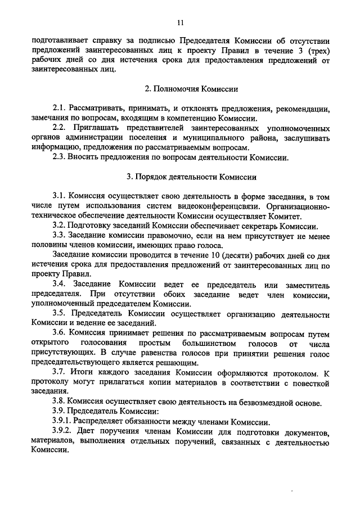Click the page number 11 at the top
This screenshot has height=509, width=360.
point(180,22)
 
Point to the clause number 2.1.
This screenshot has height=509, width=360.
point(59,109)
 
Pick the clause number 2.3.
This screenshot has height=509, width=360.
point(59,157)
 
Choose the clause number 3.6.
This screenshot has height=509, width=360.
point(59,333)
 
